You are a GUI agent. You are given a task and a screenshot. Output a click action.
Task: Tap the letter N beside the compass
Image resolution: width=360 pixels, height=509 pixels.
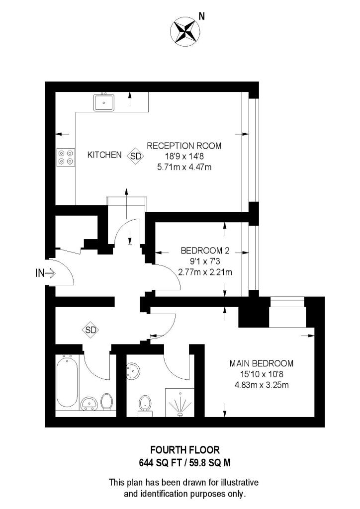(x=201, y=16)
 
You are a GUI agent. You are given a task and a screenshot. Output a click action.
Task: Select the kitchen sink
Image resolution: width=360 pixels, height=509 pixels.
(x=104, y=102)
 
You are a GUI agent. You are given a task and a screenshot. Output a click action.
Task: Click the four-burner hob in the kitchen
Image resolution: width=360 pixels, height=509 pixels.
(x=65, y=157)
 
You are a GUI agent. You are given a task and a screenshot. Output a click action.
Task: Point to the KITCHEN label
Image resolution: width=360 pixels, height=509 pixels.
(x=104, y=155)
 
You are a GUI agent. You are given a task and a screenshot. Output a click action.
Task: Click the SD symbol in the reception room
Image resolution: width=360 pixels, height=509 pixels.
(x=135, y=156)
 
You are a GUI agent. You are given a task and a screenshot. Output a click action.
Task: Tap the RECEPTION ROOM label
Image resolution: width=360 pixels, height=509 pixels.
(x=183, y=146)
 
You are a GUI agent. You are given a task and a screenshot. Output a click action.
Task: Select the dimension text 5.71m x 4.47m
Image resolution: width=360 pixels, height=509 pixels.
(x=183, y=168)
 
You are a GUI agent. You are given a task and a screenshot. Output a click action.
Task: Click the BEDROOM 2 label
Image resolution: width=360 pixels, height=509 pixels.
(x=204, y=250)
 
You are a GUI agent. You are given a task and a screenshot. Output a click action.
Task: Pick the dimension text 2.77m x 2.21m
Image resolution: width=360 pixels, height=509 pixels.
(x=204, y=272)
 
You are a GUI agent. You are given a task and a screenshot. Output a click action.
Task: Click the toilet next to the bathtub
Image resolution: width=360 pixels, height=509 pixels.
(x=106, y=402)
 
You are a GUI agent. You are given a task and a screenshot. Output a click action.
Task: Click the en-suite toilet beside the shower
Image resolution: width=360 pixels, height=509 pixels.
(x=145, y=404)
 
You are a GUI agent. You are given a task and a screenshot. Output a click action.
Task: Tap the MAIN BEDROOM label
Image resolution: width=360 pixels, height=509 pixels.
(x=261, y=363)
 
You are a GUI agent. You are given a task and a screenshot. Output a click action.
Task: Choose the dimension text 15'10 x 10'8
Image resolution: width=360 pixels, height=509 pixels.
(x=261, y=374)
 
